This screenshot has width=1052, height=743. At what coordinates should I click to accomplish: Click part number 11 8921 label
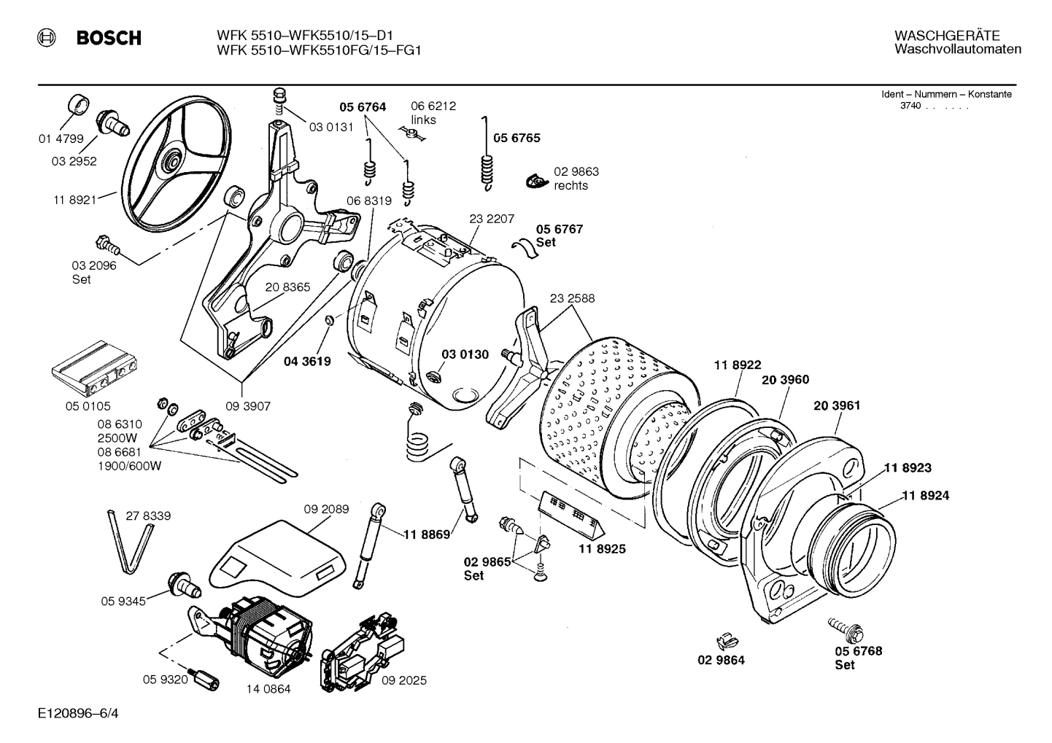tap(74, 200)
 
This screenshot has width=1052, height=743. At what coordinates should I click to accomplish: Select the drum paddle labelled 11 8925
tap(569, 515)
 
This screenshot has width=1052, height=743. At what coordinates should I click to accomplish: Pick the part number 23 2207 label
tap(492, 219)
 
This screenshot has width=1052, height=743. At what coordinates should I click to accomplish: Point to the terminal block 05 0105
tap(92, 371)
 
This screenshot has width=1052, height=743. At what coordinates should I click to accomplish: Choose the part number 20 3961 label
tap(836, 405)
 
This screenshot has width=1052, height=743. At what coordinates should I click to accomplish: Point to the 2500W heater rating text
tap(117, 438)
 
